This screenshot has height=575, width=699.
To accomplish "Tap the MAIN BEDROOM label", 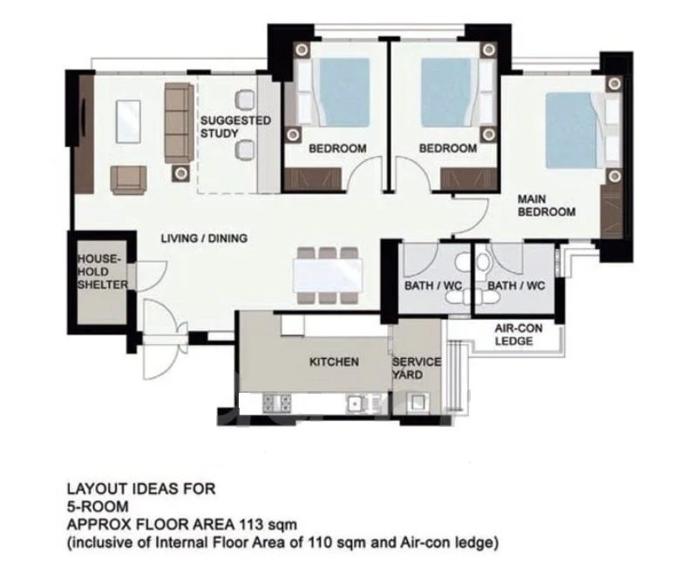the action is pos(546,206).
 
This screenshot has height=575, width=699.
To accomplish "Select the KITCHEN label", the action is pos(334,362).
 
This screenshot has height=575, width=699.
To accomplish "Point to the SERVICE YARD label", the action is pos(417,369).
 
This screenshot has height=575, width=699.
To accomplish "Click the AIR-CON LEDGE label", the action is pos(519,335).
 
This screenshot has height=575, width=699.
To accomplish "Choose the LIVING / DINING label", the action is pos(204,239).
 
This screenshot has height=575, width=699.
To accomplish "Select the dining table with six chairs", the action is pos(328,275).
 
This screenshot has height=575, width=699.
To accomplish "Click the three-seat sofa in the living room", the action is pos(180,123).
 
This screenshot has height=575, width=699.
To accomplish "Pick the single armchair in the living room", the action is pos(128,180).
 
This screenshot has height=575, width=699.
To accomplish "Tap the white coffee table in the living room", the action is pos(128,122).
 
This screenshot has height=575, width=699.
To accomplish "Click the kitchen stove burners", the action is pos(277,403).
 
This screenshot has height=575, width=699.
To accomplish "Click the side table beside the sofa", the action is pos(180,173).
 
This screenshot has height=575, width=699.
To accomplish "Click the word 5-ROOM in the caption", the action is pos(98,506).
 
